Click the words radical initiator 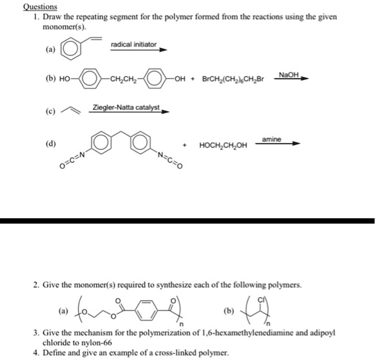(x=133, y=44)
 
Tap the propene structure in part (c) (x=69, y=112)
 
